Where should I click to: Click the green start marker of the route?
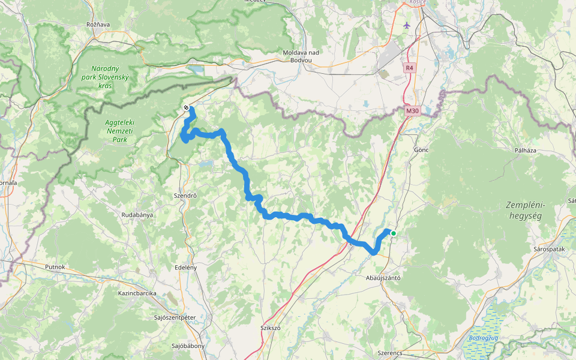394,233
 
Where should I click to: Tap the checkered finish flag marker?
187,108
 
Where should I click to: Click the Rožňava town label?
98,25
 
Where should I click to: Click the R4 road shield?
409,68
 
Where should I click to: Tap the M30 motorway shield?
412,111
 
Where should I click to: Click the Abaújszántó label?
383,278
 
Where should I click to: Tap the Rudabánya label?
137,214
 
